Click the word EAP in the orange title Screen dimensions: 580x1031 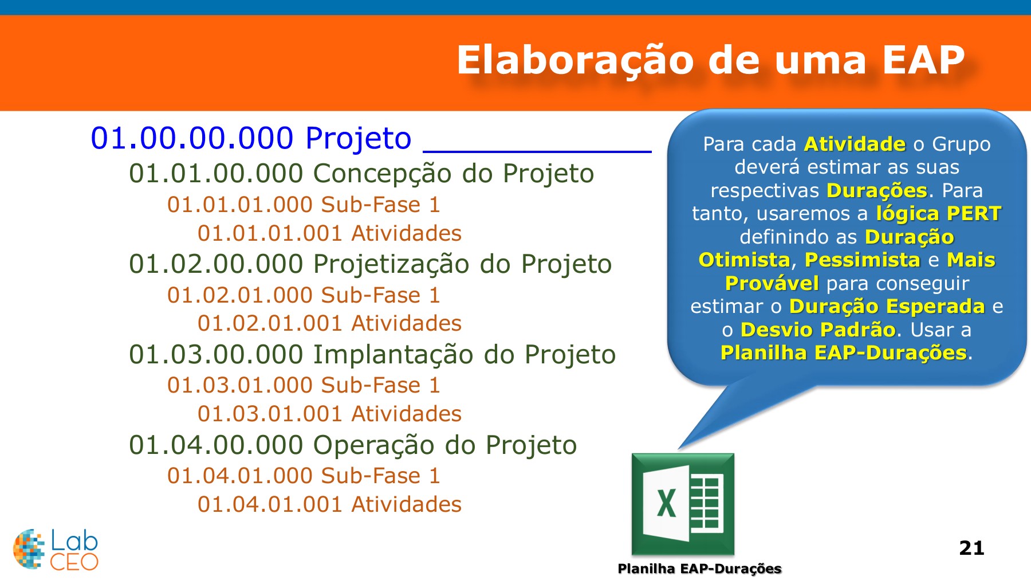click(x=923, y=60)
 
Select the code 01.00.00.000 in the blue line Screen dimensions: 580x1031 click(x=192, y=139)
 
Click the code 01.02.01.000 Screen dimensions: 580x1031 click(x=239, y=295)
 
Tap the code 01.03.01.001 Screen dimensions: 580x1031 click(x=270, y=414)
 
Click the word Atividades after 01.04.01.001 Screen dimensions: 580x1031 click(x=406, y=504)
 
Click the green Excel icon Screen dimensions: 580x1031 click(x=682, y=504)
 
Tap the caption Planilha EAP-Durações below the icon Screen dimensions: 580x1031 click(x=699, y=569)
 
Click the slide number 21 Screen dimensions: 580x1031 click(x=971, y=548)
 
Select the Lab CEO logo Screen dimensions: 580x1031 click(x=56, y=550)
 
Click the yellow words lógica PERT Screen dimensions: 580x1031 click(x=938, y=214)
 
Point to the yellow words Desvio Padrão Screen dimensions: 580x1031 click(x=817, y=330)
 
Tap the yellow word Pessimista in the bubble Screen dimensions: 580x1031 click(x=862, y=260)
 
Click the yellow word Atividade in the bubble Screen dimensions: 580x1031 click(x=855, y=144)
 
